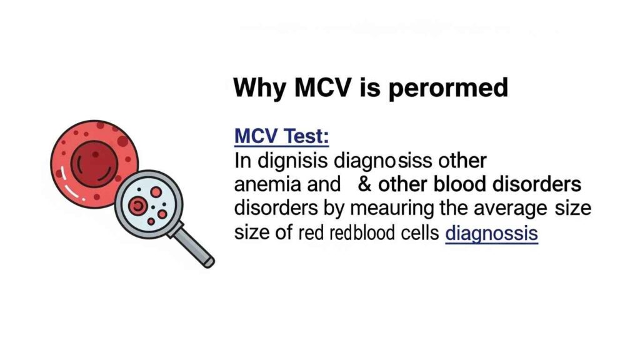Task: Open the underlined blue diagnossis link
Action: (491, 234)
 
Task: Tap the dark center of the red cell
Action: (92, 161)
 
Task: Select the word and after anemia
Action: (319, 185)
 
